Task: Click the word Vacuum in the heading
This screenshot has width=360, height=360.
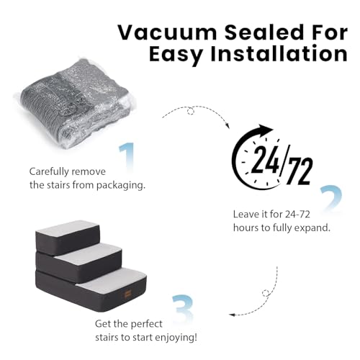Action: coord(167,32)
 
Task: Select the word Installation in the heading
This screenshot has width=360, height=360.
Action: coord(279,53)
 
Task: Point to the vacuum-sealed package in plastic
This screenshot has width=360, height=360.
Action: coord(75,103)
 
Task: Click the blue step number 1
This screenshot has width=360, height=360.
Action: coord(127,156)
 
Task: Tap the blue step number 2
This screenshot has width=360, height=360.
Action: coord(331,198)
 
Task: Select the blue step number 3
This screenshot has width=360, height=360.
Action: coord(183,308)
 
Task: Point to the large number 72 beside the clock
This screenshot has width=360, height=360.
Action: coord(300,171)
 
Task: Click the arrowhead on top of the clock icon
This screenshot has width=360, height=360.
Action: coord(264,130)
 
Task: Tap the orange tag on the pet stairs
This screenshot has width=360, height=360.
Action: coord(127,294)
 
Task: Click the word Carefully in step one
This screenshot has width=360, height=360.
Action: coord(49,172)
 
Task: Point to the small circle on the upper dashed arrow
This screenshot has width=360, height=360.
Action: coord(191,111)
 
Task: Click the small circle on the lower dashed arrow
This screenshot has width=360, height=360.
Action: coord(266,293)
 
